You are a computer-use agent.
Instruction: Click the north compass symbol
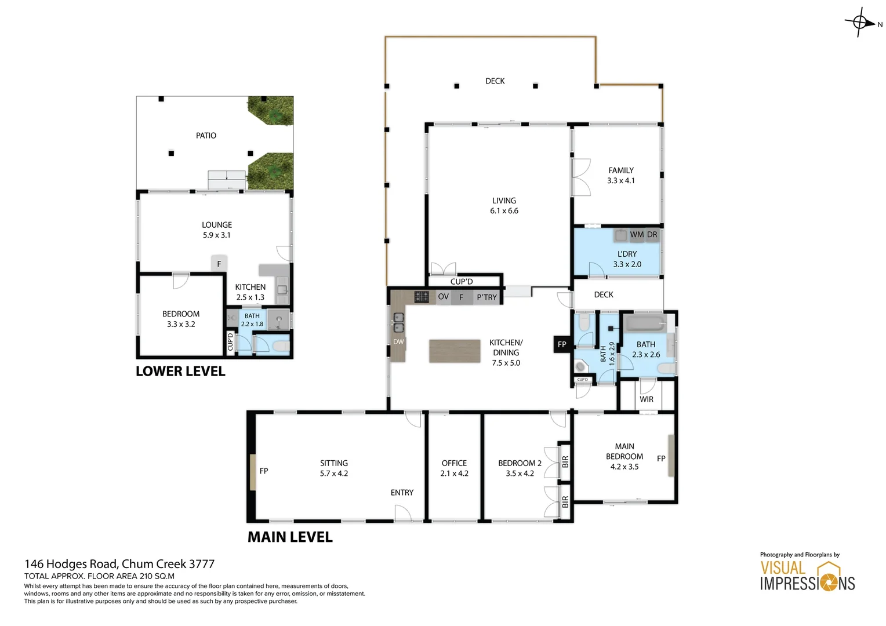pos(860,23)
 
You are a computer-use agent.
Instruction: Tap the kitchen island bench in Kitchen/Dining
pos(455,351)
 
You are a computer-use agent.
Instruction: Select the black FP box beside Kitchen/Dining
pos(561,344)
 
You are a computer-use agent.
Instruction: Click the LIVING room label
pos(504,201)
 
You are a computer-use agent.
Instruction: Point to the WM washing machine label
pos(637,235)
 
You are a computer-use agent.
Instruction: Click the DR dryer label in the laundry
pos(652,235)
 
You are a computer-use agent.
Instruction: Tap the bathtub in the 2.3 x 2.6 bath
pos(645,322)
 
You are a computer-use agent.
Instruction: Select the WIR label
pos(647,399)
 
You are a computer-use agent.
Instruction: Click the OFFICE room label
pos(454,463)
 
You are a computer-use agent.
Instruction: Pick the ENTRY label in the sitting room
pos(402,493)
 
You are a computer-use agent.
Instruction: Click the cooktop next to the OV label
pos(422,297)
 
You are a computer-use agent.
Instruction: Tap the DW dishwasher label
pos(398,342)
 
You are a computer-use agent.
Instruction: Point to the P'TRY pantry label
pos(486,297)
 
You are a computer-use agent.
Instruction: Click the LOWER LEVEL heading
pos(180,372)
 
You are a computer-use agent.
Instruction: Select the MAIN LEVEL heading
pos(290,537)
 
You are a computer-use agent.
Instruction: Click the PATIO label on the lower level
pos(206,136)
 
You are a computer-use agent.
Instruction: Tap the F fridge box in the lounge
pos(219,264)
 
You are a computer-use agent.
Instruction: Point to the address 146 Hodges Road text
pos(119,564)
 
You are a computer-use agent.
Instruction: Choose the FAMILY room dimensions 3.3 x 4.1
pos(620,181)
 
